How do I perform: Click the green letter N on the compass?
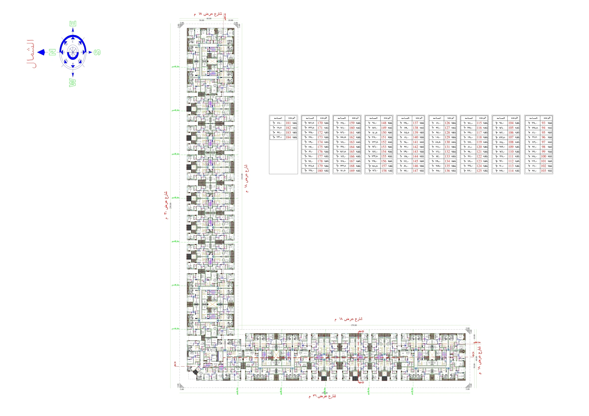52,52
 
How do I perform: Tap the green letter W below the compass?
73,83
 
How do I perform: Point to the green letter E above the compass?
73,23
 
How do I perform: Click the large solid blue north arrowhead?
41,52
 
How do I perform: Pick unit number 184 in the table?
288,137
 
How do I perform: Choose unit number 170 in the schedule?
320,123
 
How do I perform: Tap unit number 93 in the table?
543,123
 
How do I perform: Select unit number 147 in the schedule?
415,171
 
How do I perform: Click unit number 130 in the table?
447,142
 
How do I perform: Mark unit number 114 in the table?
511,171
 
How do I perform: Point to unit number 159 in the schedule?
352,123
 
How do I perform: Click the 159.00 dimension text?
354,325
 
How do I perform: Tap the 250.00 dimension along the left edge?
171,206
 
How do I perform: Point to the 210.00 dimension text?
242,177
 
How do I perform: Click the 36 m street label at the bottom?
322,396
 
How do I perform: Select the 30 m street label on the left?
166,205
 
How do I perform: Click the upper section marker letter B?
362,332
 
